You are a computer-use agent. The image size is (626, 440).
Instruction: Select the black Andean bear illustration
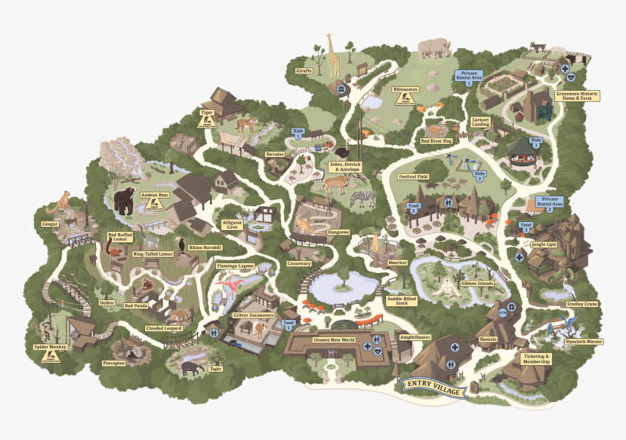124,200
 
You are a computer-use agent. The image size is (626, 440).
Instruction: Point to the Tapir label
214,369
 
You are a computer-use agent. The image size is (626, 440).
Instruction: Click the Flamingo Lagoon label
237,267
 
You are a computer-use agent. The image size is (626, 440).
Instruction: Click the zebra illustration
362,198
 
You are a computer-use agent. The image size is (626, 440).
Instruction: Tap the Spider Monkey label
50,347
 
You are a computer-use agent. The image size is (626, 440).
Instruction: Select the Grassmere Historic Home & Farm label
577,95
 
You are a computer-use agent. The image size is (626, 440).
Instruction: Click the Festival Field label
413,177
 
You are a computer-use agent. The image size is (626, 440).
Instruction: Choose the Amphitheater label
416,337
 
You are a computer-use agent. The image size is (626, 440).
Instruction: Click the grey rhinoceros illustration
435,48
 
